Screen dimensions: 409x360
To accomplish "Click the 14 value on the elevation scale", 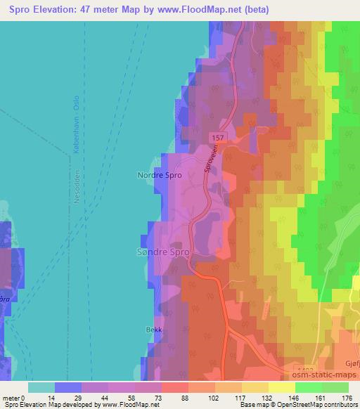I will pos(51,397).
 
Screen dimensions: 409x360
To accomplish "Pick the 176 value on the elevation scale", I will pos(347,397).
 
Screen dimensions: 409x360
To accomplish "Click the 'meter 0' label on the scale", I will pos(14,397).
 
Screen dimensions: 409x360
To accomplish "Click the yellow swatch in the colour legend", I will pos(283,387).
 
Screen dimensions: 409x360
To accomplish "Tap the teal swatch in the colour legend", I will pos(41,387).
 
